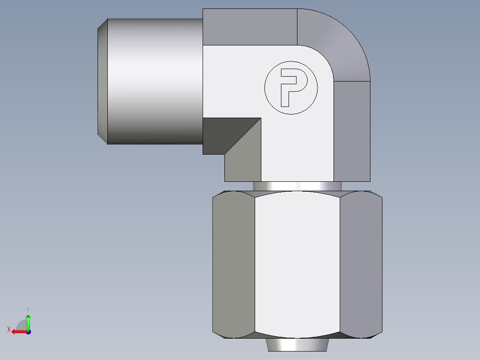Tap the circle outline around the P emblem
pos(266,88)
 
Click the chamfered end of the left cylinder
pos(102,81)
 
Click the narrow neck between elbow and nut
pos(297,186)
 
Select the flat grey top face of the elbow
pos(249,27)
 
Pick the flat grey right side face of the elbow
pos(352,131)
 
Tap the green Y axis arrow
pos(28,321)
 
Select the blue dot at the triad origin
pos(28,332)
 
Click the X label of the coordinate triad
pos(8,329)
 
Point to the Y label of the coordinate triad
pos(28,309)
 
